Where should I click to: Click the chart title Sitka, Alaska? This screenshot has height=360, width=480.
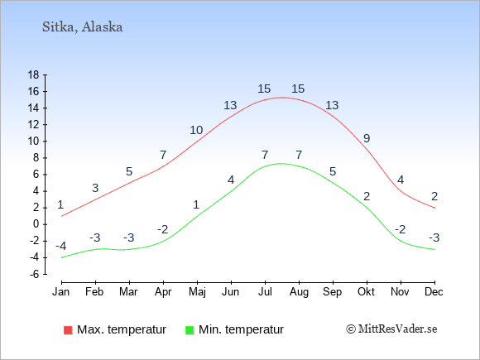coord(83,27)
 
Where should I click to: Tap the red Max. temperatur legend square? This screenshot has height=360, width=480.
coord(68,330)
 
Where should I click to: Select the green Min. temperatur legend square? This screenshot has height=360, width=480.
coord(190,330)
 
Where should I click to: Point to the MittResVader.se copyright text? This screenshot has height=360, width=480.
coord(391,329)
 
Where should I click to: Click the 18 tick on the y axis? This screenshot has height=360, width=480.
coord(33,74)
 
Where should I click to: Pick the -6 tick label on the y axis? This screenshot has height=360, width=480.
coord(34,274)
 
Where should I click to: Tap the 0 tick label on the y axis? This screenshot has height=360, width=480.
coord(36,224)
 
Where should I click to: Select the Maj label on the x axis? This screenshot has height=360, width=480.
coord(197,292)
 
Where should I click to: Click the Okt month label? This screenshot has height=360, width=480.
coord(366,292)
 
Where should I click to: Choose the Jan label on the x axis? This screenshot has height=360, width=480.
coord(61,292)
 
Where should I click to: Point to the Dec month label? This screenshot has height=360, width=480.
coord(434,292)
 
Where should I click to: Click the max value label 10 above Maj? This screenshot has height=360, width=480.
coord(196,131)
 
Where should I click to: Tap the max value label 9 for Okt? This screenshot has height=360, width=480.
coord(367,138)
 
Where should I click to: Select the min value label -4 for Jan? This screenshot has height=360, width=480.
coord(61,246)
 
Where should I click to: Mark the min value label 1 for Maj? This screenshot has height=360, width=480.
coord(196,204)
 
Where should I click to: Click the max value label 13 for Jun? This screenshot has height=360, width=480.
coord(230,105)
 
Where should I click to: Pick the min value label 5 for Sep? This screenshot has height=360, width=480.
coord(333,171)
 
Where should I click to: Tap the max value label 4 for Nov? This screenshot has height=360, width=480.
coord(401,180)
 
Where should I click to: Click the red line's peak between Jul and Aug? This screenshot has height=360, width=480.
coord(281,98)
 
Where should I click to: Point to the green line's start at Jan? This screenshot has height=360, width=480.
coord(62,257)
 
